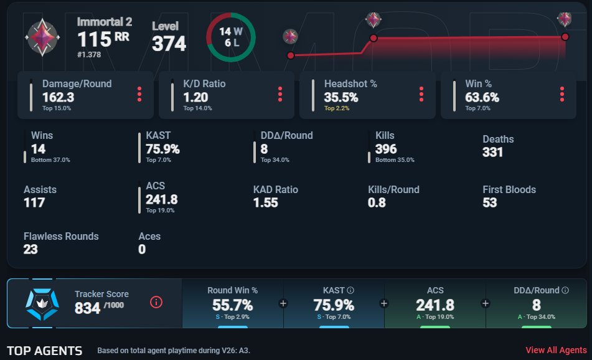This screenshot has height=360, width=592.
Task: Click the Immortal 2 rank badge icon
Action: point(42,37)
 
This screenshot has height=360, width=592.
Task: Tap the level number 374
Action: point(169,44)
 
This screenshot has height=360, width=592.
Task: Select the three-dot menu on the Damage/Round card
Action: point(139,94)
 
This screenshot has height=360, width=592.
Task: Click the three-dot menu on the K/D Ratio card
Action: point(280,94)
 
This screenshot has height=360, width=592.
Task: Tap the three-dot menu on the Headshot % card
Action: point(421,94)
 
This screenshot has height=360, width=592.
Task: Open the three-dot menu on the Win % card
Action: point(562,94)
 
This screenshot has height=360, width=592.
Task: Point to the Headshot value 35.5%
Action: point(341,97)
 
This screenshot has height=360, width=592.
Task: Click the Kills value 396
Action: point(386,149)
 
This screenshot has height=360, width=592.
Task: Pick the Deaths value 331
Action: point(492,152)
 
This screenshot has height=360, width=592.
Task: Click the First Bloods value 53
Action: point(490,203)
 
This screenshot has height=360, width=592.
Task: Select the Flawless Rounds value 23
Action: point(31,249)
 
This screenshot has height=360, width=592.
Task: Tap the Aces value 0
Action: point(142,249)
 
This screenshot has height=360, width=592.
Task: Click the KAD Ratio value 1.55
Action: point(265,203)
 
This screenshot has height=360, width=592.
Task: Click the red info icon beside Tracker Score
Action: point(156,302)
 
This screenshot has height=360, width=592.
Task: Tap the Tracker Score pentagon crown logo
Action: point(42,303)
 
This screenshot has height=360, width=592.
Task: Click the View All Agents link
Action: point(556,350)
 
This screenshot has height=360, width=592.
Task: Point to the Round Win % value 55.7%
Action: point(233,305)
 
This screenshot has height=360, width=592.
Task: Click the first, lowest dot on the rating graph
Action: point(291,55)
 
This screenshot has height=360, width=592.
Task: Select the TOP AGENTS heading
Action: point(45,351)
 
